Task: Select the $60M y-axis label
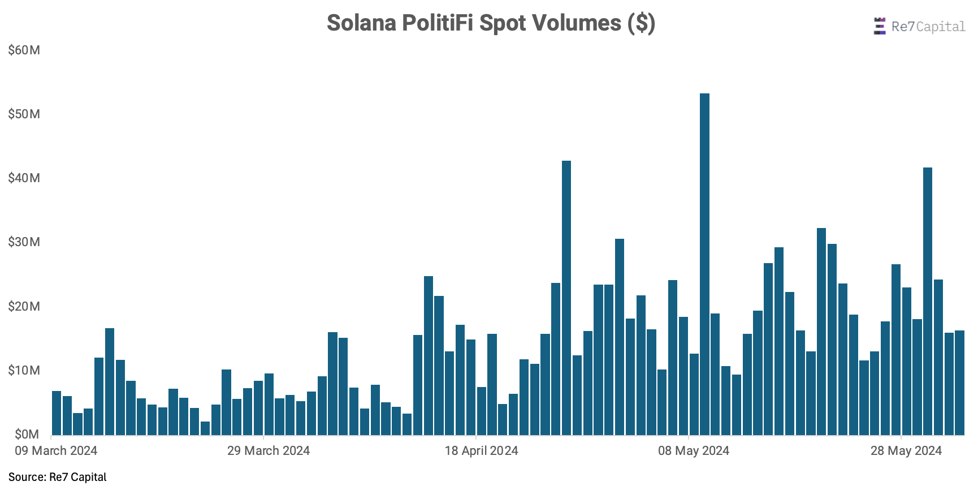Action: [24, 50]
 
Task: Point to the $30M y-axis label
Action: [24, 242]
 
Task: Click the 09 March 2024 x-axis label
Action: [56, 451]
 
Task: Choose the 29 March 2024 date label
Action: [269, 451]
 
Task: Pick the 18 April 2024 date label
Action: [481, 451]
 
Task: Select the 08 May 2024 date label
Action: [694, 451]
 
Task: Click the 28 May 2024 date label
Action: [906, 451]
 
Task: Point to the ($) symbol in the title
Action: [641, 23]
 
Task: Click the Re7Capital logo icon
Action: [879, 27]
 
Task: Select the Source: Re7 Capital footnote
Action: [58, 477]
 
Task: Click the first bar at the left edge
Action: [57, 413]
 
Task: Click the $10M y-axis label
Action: [24, 371]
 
